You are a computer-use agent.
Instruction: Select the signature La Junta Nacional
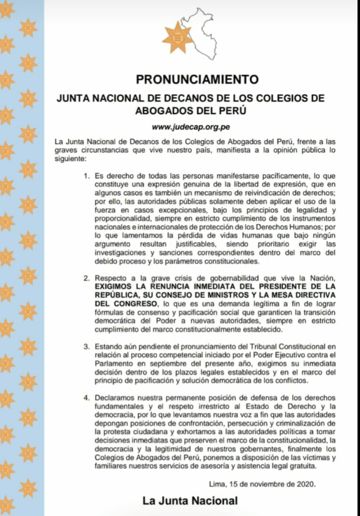coord(190,501)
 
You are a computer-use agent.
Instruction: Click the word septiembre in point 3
coord(164,364)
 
